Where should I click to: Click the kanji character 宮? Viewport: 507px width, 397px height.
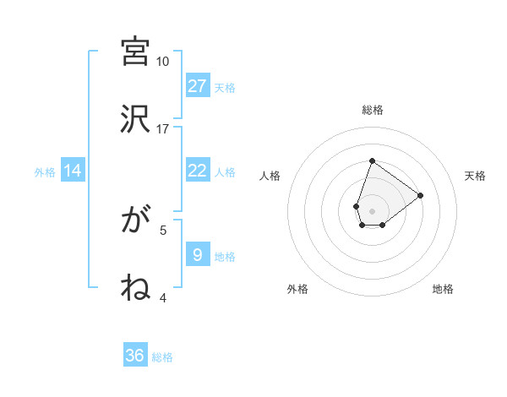(x=135, y=52)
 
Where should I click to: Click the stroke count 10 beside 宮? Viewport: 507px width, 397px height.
(x=162, y=62)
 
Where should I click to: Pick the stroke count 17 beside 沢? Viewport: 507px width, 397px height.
(x=162, y=128)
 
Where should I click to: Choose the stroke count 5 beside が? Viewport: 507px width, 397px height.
(x=163, y=229)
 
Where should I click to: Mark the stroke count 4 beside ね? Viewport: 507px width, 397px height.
(x=163, y=297)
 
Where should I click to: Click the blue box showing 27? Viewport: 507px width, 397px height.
(x=198, y=86)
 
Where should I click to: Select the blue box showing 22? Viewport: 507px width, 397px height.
(x=198, y=171)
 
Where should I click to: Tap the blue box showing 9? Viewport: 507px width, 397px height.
(x=198, y=255)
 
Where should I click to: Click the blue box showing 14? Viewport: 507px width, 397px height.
(x=73, y=171)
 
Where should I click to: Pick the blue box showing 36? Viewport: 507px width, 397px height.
(x=135, y=356)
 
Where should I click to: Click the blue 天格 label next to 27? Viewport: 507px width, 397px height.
(x=225, y=87)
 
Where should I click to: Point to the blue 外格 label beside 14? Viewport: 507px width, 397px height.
(x=45, y=171)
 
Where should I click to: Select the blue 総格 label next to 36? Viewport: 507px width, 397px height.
(x=162, y=356)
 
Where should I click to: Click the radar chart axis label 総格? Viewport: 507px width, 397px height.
(x=373, y=110)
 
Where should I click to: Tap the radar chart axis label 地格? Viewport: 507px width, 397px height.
(x=443, y=289)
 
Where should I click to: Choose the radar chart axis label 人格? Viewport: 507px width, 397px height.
(x=270, y=176)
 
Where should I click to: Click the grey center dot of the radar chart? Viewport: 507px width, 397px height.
(x=372, y=209)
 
